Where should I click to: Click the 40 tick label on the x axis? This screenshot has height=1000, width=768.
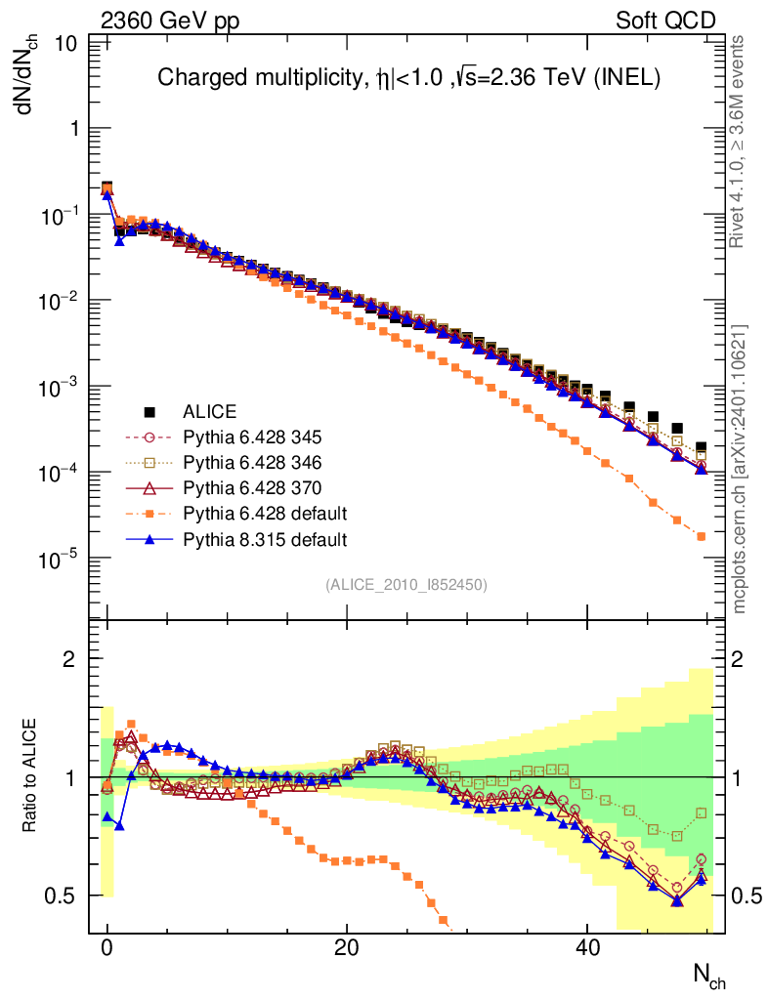point(586,946)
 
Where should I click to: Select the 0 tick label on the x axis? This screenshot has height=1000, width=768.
point(107,946)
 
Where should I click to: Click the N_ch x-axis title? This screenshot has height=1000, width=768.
point(709,974)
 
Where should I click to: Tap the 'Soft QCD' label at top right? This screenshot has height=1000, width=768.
point(665,21)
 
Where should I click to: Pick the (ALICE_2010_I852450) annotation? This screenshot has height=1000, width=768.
point(405,585)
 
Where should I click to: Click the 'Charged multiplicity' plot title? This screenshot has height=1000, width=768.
point(409,79)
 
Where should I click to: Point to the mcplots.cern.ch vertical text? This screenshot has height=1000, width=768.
point(741,470)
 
